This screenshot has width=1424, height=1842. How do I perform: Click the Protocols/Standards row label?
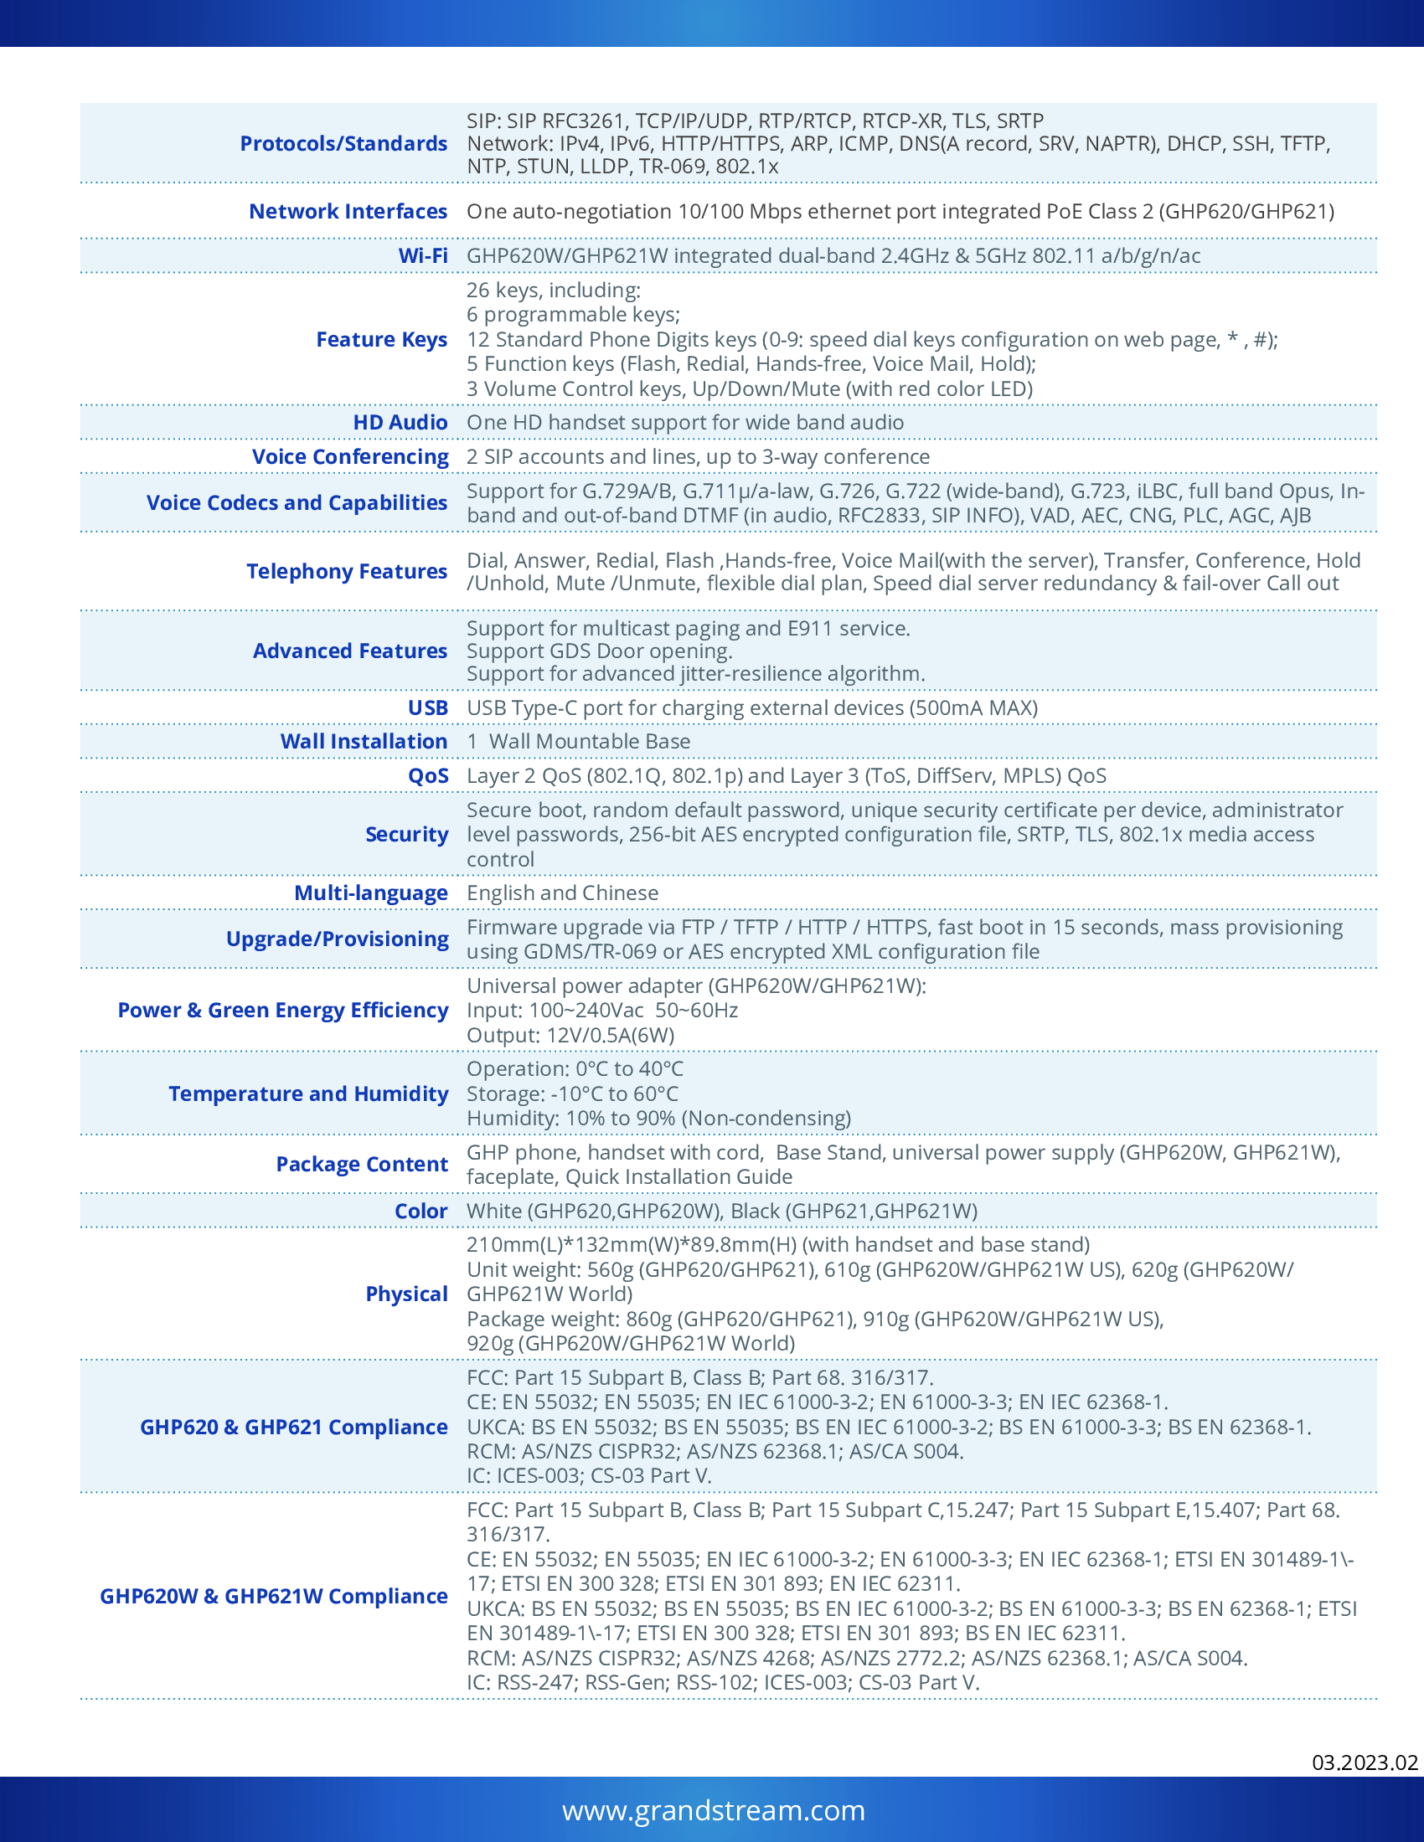343,143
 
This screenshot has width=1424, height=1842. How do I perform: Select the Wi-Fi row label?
423,255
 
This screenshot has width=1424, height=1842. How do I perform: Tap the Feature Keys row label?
381,339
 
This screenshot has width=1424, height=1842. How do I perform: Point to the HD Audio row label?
400,423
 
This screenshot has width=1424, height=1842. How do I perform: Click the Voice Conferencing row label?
350,456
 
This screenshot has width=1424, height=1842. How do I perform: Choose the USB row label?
428,707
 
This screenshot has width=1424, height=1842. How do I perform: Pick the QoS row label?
428,775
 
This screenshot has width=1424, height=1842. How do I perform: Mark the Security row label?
406,834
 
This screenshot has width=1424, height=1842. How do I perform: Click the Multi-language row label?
370,893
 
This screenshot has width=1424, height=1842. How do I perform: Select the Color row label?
421,1211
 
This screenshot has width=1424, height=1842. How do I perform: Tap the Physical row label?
406,1294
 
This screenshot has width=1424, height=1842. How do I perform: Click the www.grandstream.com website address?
714,1810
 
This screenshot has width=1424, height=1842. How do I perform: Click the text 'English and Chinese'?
563,893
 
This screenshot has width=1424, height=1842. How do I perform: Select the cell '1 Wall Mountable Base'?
579,741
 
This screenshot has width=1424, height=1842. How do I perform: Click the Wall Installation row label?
364,741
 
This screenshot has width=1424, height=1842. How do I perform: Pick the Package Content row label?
362,1164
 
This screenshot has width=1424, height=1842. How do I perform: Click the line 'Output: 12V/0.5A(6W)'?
570,1035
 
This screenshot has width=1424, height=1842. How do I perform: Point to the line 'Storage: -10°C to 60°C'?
572,1094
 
